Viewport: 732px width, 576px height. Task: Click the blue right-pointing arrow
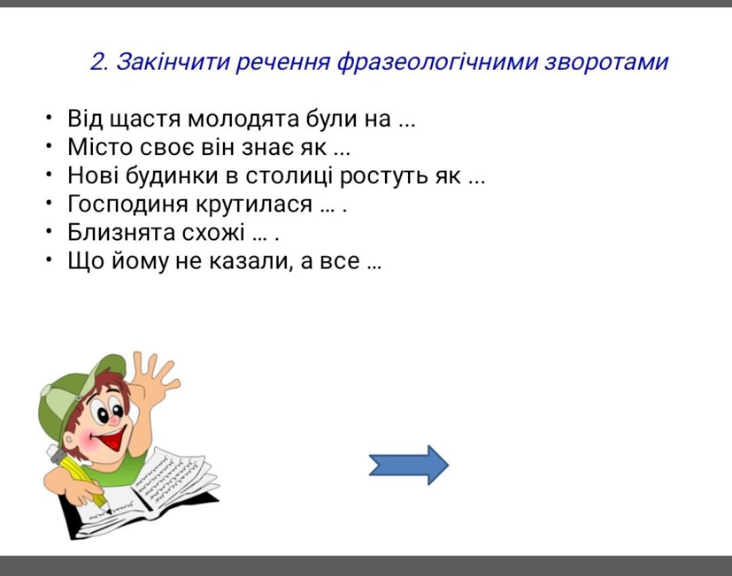pyautogui.click(x=409, y=465)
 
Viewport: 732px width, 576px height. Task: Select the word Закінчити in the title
pyautogui.click(x=173, y=62)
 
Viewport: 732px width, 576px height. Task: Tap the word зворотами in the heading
pyautogui.click(x=607, y=62)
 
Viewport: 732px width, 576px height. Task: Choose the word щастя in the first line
pyautogui.click(x=145, y=120)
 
